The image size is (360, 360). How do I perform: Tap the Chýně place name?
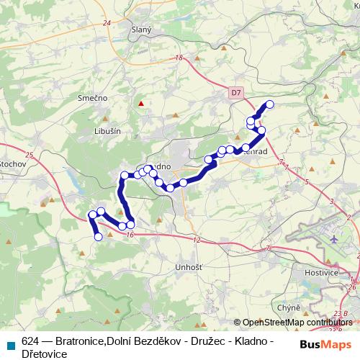(x=288, y=307)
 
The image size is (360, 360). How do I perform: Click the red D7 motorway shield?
(x=237, y=93)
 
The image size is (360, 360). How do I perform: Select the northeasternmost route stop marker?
(x=271, y=104)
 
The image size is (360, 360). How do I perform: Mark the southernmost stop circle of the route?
(x=99, y=236)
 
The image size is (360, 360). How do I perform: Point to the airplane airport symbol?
(x=335, y=238)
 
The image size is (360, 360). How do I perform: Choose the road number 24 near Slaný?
(x=107, y=23)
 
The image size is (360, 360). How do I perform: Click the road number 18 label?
(x=179, y=58)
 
